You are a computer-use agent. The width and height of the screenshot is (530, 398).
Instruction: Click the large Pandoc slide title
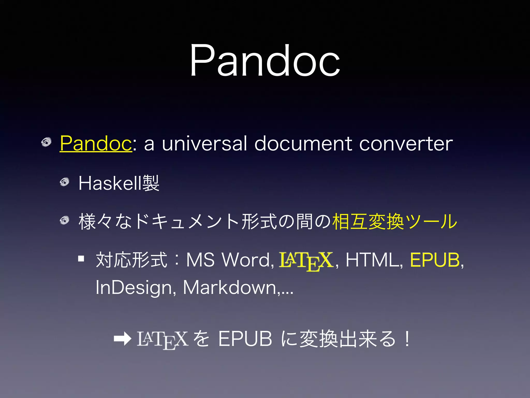pos(265,60)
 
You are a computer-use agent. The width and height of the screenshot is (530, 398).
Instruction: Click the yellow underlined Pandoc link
pos(96,143)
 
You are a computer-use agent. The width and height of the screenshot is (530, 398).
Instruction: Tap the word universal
pos(204,143)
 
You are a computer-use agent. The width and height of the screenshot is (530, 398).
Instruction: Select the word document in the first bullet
pos(303,143)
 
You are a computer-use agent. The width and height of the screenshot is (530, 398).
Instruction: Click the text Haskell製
pos(119,183)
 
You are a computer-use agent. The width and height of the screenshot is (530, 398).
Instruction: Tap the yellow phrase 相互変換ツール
pos(394,222)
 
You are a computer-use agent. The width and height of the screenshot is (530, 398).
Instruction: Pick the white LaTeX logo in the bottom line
pos(163,339)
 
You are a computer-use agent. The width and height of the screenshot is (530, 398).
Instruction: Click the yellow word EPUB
pos(435,260)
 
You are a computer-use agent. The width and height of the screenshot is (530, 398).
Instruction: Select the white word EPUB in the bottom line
pos(245,339)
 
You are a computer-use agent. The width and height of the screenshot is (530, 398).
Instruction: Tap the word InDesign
pos(134,288)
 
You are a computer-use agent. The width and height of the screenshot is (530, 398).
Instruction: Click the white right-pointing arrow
pos(122,339)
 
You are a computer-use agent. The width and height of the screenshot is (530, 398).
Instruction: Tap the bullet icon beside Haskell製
pos(64,182)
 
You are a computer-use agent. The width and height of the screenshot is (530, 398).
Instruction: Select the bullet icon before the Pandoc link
pos(46,142)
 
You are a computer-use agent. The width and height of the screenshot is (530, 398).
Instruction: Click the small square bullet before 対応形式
pos(81,259)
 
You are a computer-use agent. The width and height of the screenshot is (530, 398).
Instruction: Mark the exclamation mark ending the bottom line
pos(407,339)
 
